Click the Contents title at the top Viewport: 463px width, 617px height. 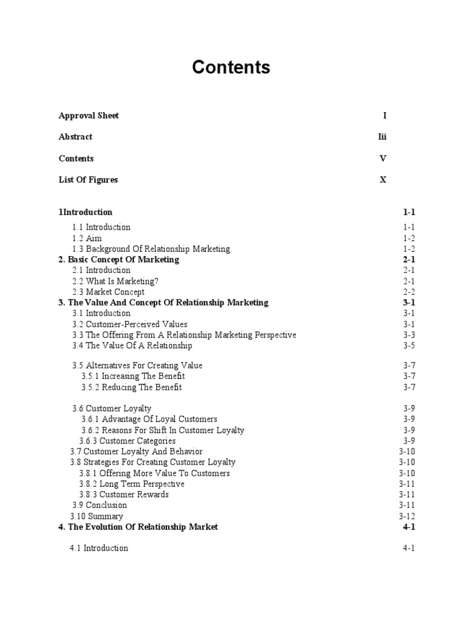[231, 67]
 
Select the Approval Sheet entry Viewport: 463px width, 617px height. [89, 115]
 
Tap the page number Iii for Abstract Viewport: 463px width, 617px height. [382, 137]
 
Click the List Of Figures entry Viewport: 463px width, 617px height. [88, 180]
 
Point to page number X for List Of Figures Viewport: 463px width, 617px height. [383, 180]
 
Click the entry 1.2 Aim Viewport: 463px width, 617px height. [87, 238]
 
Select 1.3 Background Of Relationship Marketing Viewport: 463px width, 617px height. [151, 249]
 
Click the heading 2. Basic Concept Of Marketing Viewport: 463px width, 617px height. [119, 260]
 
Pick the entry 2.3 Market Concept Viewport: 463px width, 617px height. [109, 292]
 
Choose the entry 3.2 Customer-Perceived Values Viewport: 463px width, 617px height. [130, 324]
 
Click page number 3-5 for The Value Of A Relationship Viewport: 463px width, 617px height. [409, 346]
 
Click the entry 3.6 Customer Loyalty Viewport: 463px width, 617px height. [112, 409]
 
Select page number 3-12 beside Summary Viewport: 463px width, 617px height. [407, 516]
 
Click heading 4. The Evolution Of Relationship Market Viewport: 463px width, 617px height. [138, 527]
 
